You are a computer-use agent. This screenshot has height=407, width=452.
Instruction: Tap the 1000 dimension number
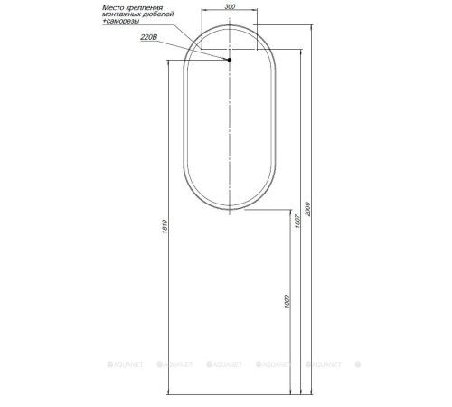pos(286,300)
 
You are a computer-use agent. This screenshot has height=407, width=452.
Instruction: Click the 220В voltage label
pos(150,39)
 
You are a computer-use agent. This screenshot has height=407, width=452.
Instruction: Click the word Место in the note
pos(114,8)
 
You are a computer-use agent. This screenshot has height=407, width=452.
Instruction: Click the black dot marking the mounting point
pos(230,60)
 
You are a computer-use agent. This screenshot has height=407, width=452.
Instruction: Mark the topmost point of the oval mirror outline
pos(230,24)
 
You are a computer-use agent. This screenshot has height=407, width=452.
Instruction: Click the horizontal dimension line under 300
pos(229,13)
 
